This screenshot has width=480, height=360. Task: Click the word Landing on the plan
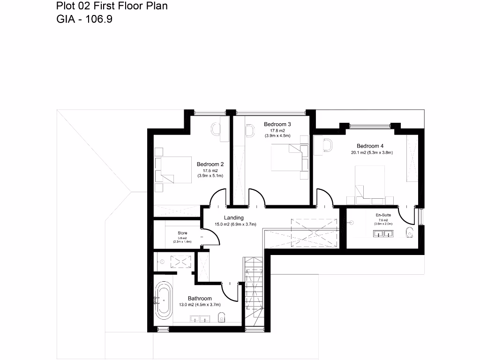coord(233,218)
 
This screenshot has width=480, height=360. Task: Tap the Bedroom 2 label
coord(210,165)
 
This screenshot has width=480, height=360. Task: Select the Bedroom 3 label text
coord(277,124)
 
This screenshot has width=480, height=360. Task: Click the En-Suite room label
coord(383,215)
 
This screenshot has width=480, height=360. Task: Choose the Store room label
coord(182,233)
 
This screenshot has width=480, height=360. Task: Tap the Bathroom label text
coord(200,299)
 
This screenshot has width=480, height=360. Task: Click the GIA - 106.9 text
coord(84,19)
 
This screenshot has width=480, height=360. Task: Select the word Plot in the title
coord(65,6)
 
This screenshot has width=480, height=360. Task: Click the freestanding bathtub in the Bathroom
coord(164,298)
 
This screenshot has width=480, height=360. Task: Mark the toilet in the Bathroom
coord(222,318)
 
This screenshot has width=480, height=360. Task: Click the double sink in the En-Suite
coord(383,232)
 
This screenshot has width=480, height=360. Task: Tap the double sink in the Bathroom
coord(200,319)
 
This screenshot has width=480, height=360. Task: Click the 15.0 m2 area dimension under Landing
coord(235,225)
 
